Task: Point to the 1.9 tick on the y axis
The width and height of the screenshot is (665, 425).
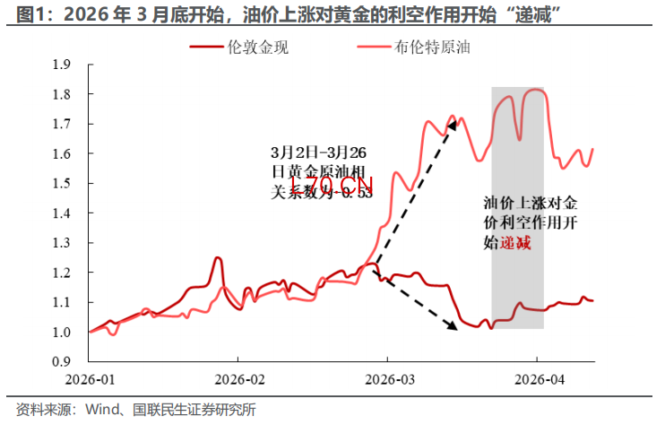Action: (61, 64)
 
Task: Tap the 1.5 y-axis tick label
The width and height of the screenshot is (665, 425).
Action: (61, 183)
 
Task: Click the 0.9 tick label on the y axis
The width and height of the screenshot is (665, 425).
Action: (61, 361)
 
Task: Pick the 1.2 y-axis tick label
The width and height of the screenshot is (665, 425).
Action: (61, 273)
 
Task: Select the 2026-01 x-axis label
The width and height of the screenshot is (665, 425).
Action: (91, 379)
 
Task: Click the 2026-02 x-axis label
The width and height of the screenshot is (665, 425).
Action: (239, 379)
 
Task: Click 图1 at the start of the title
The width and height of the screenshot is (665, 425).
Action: (19, 13)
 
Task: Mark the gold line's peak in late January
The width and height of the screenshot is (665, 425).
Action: (217, 258)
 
